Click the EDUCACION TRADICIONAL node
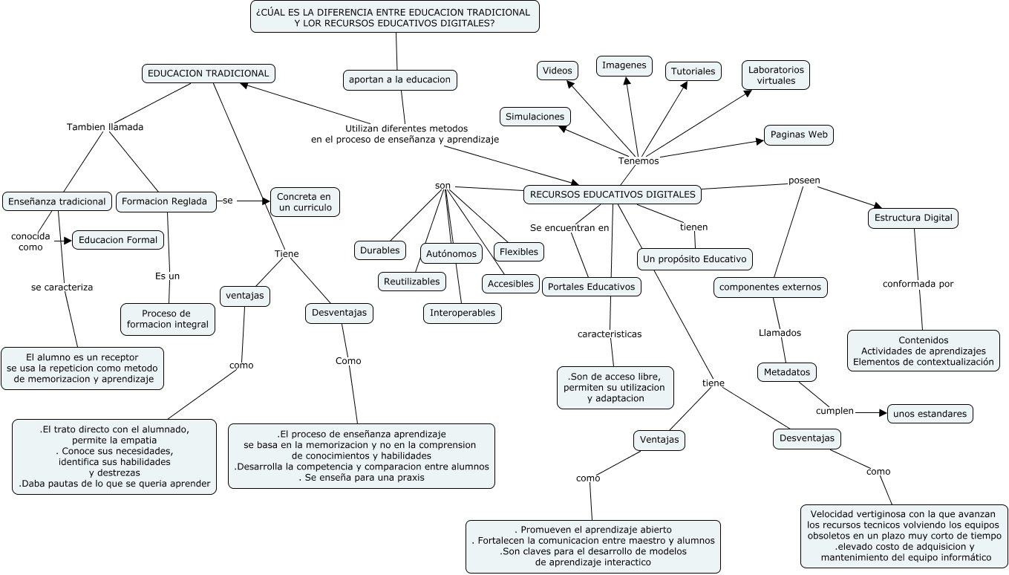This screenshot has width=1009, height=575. [208, 74]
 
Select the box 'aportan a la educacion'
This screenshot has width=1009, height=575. [399, 79]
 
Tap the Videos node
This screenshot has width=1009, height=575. [557, 71]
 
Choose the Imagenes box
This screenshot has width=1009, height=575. [624, 65]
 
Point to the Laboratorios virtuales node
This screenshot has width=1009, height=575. [775, 75]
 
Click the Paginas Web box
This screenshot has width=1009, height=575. [798, 134]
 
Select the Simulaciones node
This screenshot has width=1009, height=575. [535, 117]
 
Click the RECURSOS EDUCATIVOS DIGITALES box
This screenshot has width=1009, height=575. [613, 195]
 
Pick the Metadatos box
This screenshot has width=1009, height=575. [787, 371]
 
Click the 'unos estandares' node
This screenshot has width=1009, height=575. [930, 414]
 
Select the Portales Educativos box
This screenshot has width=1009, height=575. [591, 286]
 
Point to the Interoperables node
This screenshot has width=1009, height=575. [462, 313]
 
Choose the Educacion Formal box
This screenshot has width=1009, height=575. [118, 240]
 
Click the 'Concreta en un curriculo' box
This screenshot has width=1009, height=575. [304, 201]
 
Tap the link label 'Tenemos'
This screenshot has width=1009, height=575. [638, 160]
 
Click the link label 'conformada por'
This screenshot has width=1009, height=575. [918, 284]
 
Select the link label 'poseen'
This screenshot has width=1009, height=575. [803, 180]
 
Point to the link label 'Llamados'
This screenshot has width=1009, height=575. [780, 333]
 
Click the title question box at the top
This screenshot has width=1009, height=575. [394, 17]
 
